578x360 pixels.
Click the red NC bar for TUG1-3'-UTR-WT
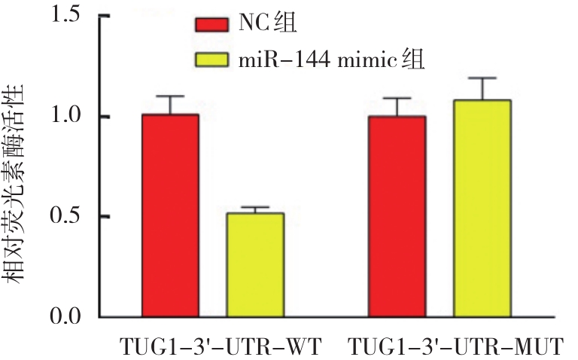[x=171, y=215]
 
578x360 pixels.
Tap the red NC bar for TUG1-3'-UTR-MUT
[x=397, y=216]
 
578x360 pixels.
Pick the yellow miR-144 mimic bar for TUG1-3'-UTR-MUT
[x=482, y=208]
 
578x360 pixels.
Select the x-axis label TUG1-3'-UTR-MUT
[x=456, y=347]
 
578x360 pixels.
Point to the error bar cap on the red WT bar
[x=171, y=96]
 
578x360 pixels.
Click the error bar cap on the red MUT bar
[x=397, y=98]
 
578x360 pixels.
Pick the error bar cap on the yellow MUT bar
[x=482, y=78]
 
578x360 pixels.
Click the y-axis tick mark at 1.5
[x=106, y=15]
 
